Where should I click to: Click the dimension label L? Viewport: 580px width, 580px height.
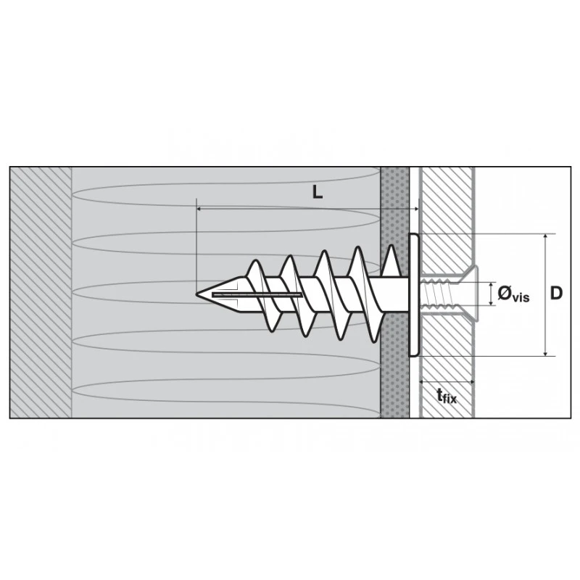pyautogui.click(x=318, y=192)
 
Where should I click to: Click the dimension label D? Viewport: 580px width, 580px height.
pyautogui.click(x=556, y=293)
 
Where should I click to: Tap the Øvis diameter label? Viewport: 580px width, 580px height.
pyautogui.click(x=513, y=294)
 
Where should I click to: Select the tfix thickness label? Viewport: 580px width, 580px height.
pyautogui.click(x=447, y=395)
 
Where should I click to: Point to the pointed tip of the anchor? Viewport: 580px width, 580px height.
pyautogui.click(x=196, y=294)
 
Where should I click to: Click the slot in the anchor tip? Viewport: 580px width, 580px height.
pyautogui.click(x=257, y=295)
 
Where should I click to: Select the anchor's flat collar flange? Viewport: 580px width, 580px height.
pyautogui.click(x=414, y=295)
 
